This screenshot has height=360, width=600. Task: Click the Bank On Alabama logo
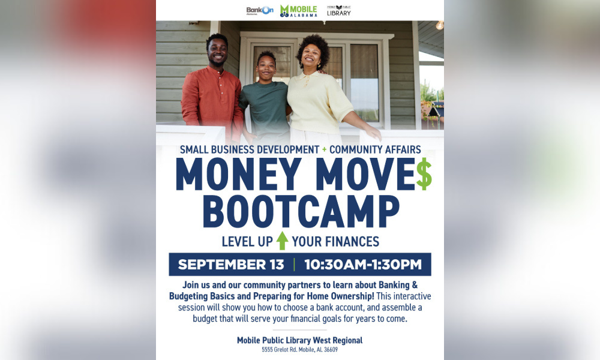(259, 11)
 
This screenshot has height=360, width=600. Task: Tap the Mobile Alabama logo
(298, 11)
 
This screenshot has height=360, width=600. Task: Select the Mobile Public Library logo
(338, 11)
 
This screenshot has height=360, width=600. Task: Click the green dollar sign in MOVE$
(424, 175)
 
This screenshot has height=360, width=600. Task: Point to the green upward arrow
(282, 241)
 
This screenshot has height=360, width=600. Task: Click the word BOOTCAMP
(301, 211)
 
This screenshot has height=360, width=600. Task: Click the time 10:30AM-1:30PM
(362, 265)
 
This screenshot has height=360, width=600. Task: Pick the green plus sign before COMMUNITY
(324, 149)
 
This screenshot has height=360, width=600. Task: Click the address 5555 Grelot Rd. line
(299, 350)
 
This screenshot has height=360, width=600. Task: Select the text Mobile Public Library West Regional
(299, 340)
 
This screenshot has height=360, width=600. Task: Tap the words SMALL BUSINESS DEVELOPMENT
(248, 149)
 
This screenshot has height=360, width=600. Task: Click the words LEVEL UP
(247, 242)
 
